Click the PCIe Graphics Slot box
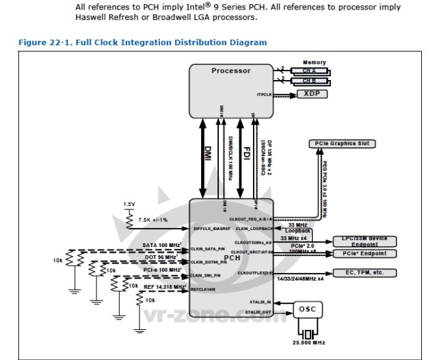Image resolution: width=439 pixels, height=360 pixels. click(x=339, y=144)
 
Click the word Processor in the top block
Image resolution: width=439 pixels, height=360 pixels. click(x=231, y=70)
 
